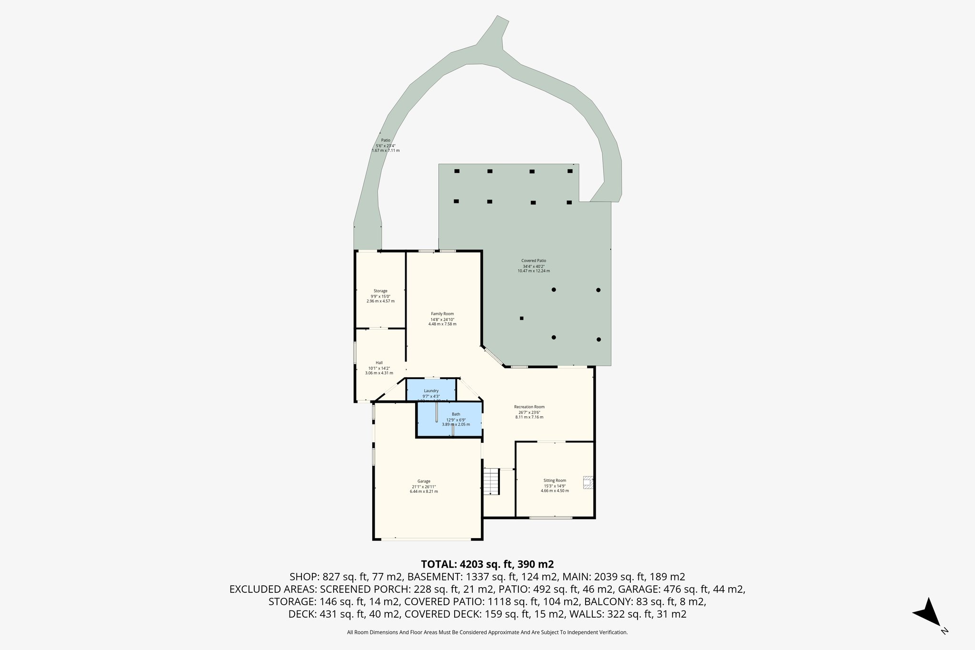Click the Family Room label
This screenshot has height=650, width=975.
click(442, 314)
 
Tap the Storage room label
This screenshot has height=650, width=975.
click(380, 291)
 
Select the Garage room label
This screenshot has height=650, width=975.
click(424, 481)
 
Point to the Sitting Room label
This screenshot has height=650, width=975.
click(555, 480)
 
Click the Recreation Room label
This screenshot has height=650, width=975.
click(529, 407)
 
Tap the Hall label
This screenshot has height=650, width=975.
click(379, 363)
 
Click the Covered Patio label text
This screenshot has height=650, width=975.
click(534, 261)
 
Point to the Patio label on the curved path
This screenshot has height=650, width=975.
click(386, 140)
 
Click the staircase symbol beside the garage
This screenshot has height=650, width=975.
click(491, 481)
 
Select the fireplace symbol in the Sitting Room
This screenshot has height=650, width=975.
click(588, 483)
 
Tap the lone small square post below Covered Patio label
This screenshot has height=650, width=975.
click(522, 318)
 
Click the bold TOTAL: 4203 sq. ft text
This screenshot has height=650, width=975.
click(487, 564)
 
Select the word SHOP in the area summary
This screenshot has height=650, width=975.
click(304, 577)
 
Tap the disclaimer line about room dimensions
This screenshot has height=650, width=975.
click(487, 632)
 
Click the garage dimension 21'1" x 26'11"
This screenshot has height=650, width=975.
click(424, 486)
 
